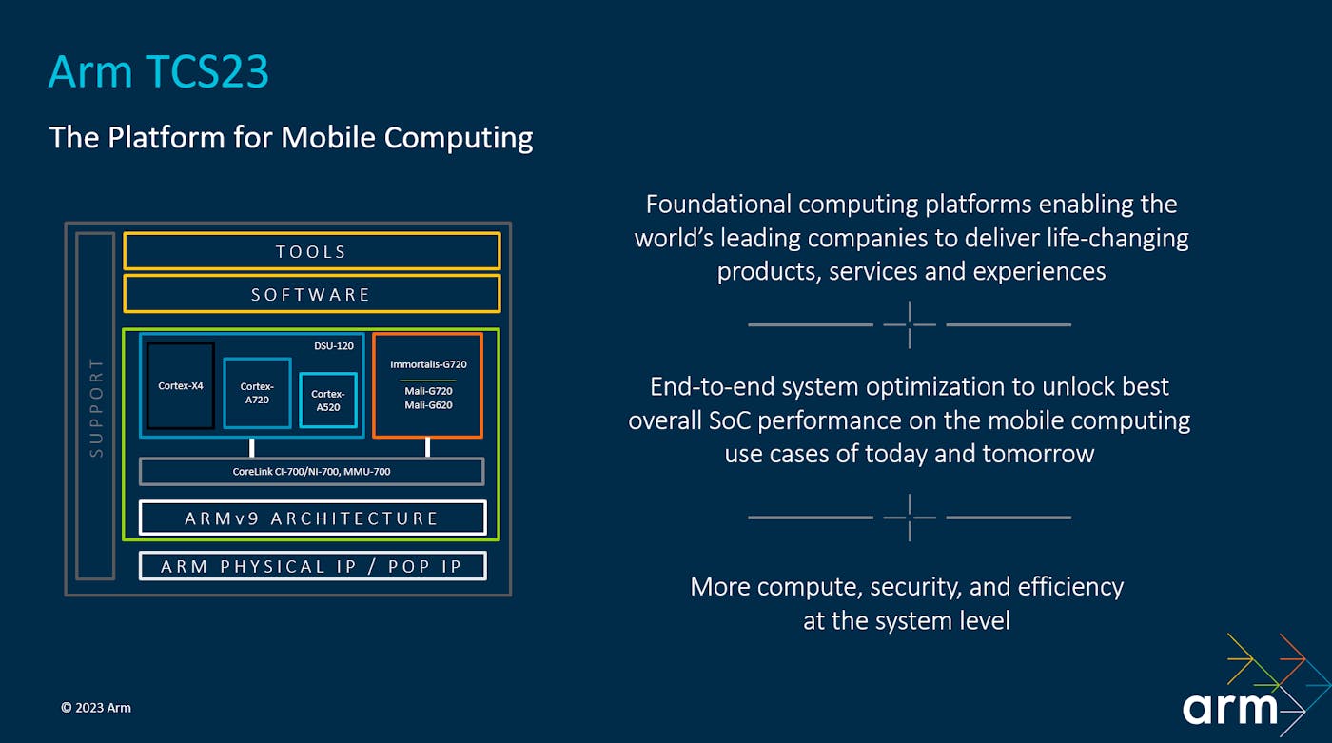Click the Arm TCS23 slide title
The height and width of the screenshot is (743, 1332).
click(x=159, y=72)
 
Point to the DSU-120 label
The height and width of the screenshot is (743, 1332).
click(x=334, y=346)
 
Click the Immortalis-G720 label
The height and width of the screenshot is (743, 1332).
click(x=428, y=364)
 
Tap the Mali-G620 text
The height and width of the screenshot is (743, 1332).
click(x=428, y=405)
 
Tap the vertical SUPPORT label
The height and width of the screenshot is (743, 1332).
click(x=96, y=408)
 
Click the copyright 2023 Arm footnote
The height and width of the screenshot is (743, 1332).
click(x=96, y=708)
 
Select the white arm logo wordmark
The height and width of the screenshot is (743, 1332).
click(x=1229, y=708)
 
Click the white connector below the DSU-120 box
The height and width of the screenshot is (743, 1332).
click(x=252, y=447)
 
